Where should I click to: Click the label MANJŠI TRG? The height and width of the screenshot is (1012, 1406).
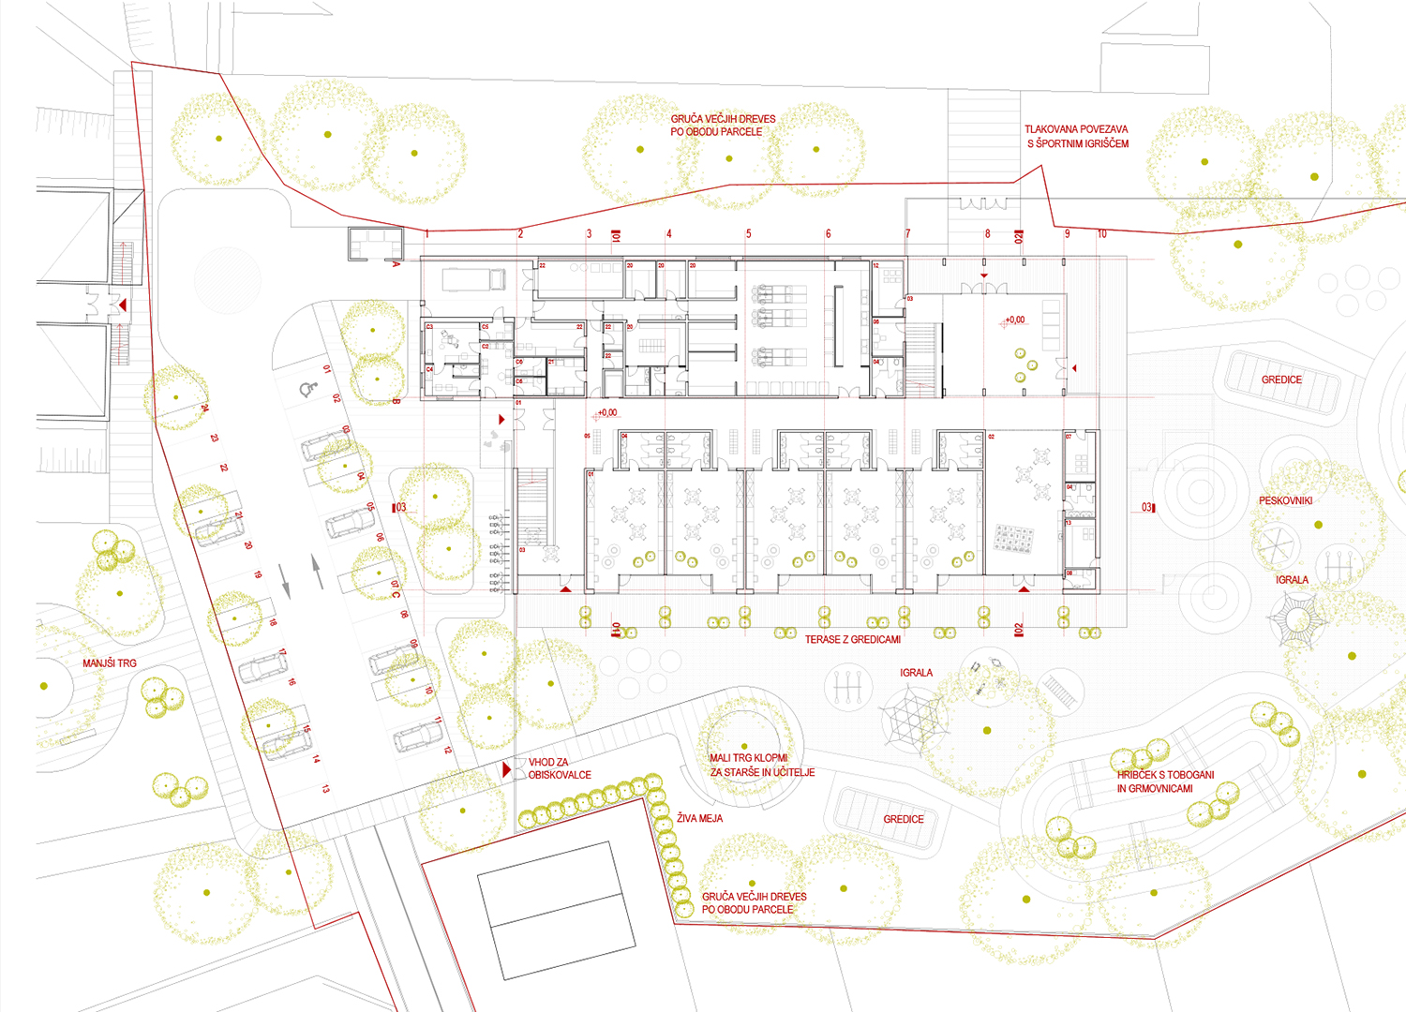[x=110, y=663]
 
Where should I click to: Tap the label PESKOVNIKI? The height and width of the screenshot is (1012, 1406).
[x=1285, y=501]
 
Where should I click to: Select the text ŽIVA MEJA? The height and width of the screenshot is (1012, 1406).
[x=699, y=818]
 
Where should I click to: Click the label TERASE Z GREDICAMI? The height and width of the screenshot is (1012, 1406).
[x=852, y=639]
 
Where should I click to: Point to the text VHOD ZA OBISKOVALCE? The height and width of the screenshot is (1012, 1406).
[x=560, y=768]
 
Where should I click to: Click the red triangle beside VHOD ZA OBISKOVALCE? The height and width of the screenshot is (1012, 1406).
[x=507, y=769]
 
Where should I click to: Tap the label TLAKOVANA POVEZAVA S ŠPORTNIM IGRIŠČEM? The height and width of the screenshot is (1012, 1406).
[x=1077, y=137]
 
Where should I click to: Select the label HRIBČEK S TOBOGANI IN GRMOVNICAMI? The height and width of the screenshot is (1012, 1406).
[x=1165, y=781]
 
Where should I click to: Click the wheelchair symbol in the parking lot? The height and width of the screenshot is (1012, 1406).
[x=306, y=390]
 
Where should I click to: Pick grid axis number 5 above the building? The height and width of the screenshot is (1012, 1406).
[x=748, y=234]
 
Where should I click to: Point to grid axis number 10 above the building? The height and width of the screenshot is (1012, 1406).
[x=1101, y=234]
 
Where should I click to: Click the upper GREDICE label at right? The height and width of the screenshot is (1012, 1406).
[x=1281, y=379]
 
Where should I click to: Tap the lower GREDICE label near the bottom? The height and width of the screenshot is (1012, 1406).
[x=903, y=819]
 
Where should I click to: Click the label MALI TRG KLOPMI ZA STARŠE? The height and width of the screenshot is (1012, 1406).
[x=761, y=765]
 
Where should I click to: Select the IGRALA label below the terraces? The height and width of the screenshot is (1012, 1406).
[x=916, y=673]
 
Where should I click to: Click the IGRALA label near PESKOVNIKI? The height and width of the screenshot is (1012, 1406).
[x=1292, y=580]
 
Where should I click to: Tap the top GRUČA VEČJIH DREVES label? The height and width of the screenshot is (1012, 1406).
[x=723, y=126]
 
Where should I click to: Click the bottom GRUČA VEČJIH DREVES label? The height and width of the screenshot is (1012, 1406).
[x=754, y=903]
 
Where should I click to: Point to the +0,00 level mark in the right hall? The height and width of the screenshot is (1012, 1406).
[x=1014, y=320]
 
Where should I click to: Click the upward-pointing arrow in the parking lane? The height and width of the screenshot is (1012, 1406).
[x=318, y=571]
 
